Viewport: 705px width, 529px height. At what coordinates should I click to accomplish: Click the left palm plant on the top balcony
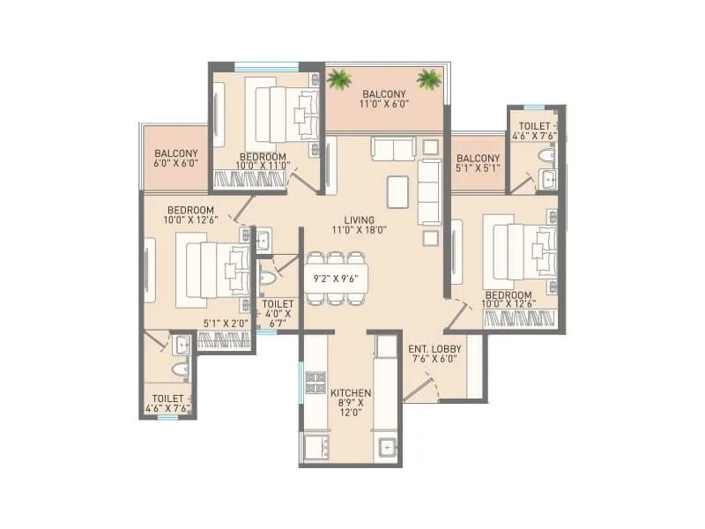(339, 80)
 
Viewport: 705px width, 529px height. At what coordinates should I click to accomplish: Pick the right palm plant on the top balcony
(429, 80)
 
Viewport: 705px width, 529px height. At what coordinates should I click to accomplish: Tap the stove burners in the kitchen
(315, 383)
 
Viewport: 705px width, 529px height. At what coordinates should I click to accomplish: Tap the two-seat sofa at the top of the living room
(393, 149)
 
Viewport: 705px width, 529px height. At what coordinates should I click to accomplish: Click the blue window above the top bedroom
(266, 64)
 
